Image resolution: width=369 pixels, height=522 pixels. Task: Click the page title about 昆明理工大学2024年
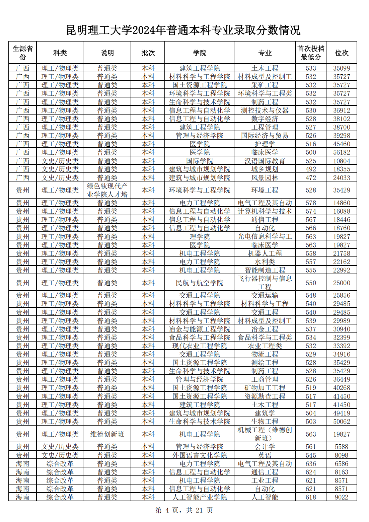183,30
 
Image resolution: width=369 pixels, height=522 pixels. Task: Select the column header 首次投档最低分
311,53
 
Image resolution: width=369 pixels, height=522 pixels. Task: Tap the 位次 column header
342,53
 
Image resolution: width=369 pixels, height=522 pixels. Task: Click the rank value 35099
342,68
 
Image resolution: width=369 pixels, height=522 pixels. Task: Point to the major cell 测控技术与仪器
265,110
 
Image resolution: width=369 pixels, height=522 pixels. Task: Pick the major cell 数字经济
265,119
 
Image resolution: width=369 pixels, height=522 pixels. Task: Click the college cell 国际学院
200,161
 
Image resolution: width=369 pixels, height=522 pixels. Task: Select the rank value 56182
342,152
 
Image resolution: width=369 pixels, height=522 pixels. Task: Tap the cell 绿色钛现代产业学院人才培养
107,190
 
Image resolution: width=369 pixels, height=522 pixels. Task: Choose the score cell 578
311,203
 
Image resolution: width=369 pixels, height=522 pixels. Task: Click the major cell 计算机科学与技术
265,211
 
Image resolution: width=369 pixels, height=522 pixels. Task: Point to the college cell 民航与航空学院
200,283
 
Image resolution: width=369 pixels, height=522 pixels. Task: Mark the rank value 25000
342,283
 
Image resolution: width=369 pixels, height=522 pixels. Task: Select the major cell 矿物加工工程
265,388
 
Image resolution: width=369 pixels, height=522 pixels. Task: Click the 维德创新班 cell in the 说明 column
107,434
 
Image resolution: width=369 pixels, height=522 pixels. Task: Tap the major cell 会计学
265,447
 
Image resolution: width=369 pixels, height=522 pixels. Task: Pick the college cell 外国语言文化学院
200,455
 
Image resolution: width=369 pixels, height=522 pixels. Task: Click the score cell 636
311,464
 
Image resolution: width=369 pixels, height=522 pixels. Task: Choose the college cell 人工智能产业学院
200,497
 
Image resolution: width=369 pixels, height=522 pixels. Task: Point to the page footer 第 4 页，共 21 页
184,510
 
